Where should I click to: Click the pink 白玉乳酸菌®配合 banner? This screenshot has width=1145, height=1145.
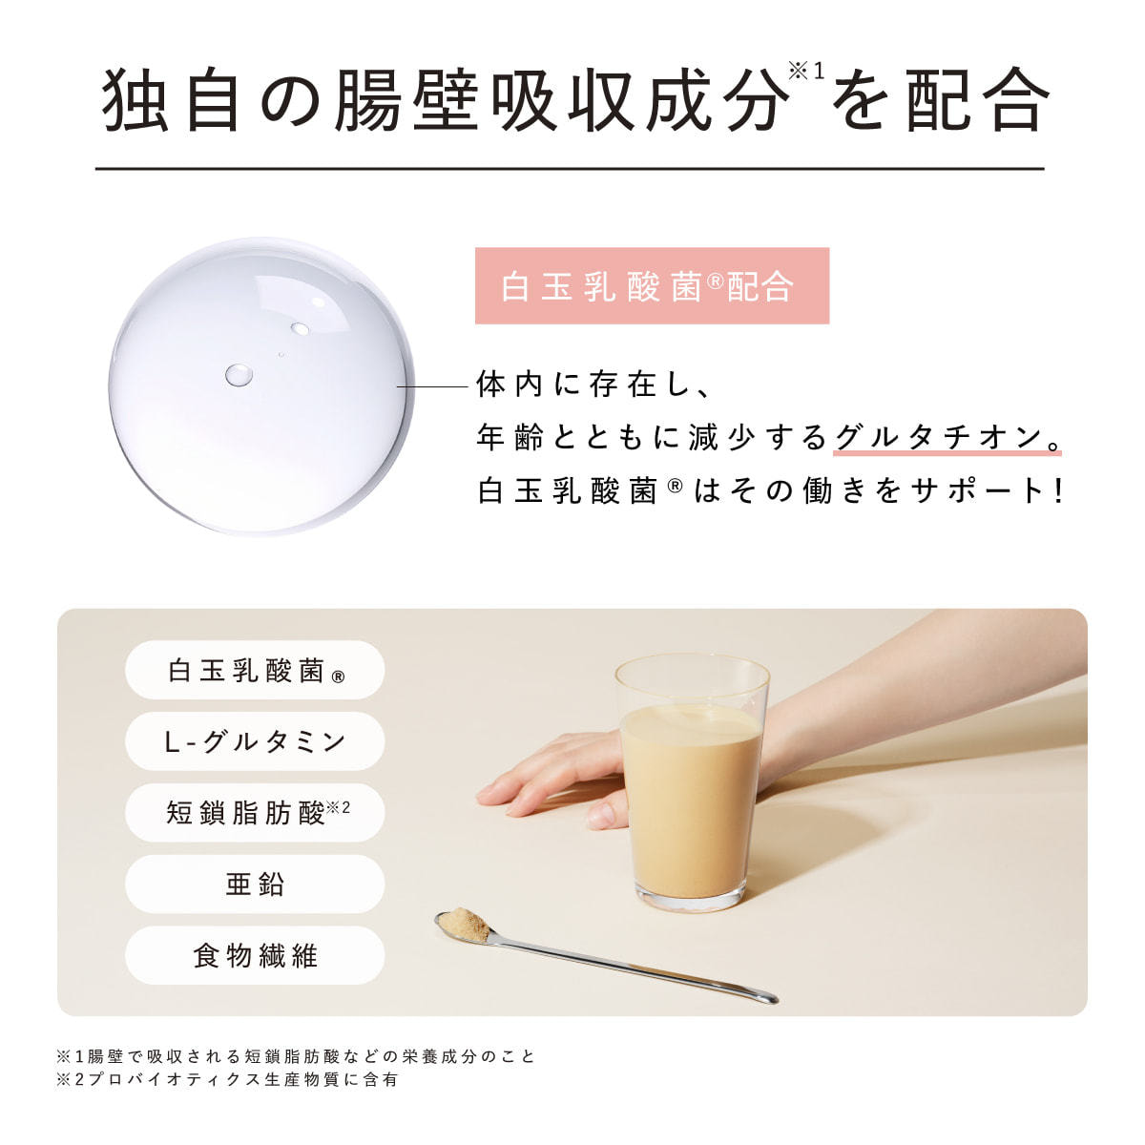tap(652, 286)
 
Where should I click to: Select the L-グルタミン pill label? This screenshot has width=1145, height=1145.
tap(255, 741)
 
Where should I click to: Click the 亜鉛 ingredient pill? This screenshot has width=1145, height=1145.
tap(255, 885)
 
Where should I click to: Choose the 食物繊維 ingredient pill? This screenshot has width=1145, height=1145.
tap(255, 955)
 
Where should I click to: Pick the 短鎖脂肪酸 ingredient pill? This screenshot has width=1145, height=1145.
tap(255, 813)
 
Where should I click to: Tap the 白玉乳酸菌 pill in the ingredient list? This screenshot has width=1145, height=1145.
tap(255, 670)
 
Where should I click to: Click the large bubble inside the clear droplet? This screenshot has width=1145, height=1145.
tap(239, 375)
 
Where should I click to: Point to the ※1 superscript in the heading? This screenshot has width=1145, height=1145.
tap(806, 72)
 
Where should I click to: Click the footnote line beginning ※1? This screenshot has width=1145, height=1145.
tap(296, 1056)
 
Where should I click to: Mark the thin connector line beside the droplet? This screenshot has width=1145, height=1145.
tap(432, 386)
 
